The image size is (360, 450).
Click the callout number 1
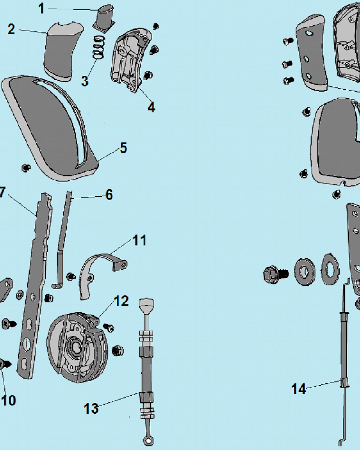[x=42, y=8]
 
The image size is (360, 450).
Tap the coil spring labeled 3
[x=99, y=47]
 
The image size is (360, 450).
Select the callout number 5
[x=123, y=148]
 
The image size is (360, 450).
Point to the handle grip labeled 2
[x=63, y=50]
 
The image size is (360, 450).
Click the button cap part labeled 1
[x=104, y=18]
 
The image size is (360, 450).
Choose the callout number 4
[x=151, y=107]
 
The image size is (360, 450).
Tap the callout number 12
[x=121, y=301]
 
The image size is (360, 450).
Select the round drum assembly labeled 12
[x=77, y=348]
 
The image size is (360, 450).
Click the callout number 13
[x=91, y=408]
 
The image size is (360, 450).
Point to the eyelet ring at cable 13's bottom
[x=148, y=440]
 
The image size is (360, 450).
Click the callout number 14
[x=298, y=389]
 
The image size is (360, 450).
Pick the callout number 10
[x=9, y=400]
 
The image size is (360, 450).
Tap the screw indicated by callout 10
[x=5, y=364]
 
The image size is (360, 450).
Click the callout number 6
[x=109, y=195]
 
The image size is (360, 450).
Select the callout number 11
[x=139, y=240]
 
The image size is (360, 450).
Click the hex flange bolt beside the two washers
[x=275, y=274]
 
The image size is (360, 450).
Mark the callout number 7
[x=2, y=192]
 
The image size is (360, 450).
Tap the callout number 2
[x=11, y=29]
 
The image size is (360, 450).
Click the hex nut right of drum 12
[x=118, y=351]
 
